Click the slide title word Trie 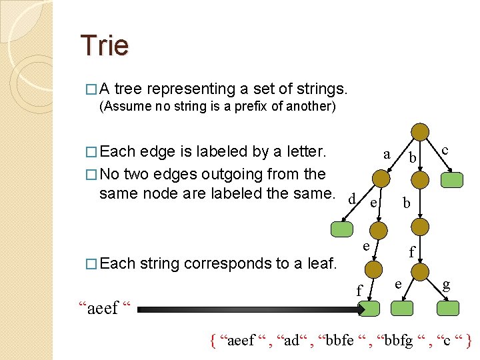tap(104, 45)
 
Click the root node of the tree tap(419, 131)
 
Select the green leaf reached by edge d tap(343, 229)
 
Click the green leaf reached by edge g tap(449, 307)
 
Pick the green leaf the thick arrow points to tap(369, 308)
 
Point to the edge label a tap(387, 154)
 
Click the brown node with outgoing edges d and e tap(381, 178)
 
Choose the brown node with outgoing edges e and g tap(419, 271)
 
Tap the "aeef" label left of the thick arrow tap(105, 308)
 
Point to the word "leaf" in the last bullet tap(319, 263)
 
